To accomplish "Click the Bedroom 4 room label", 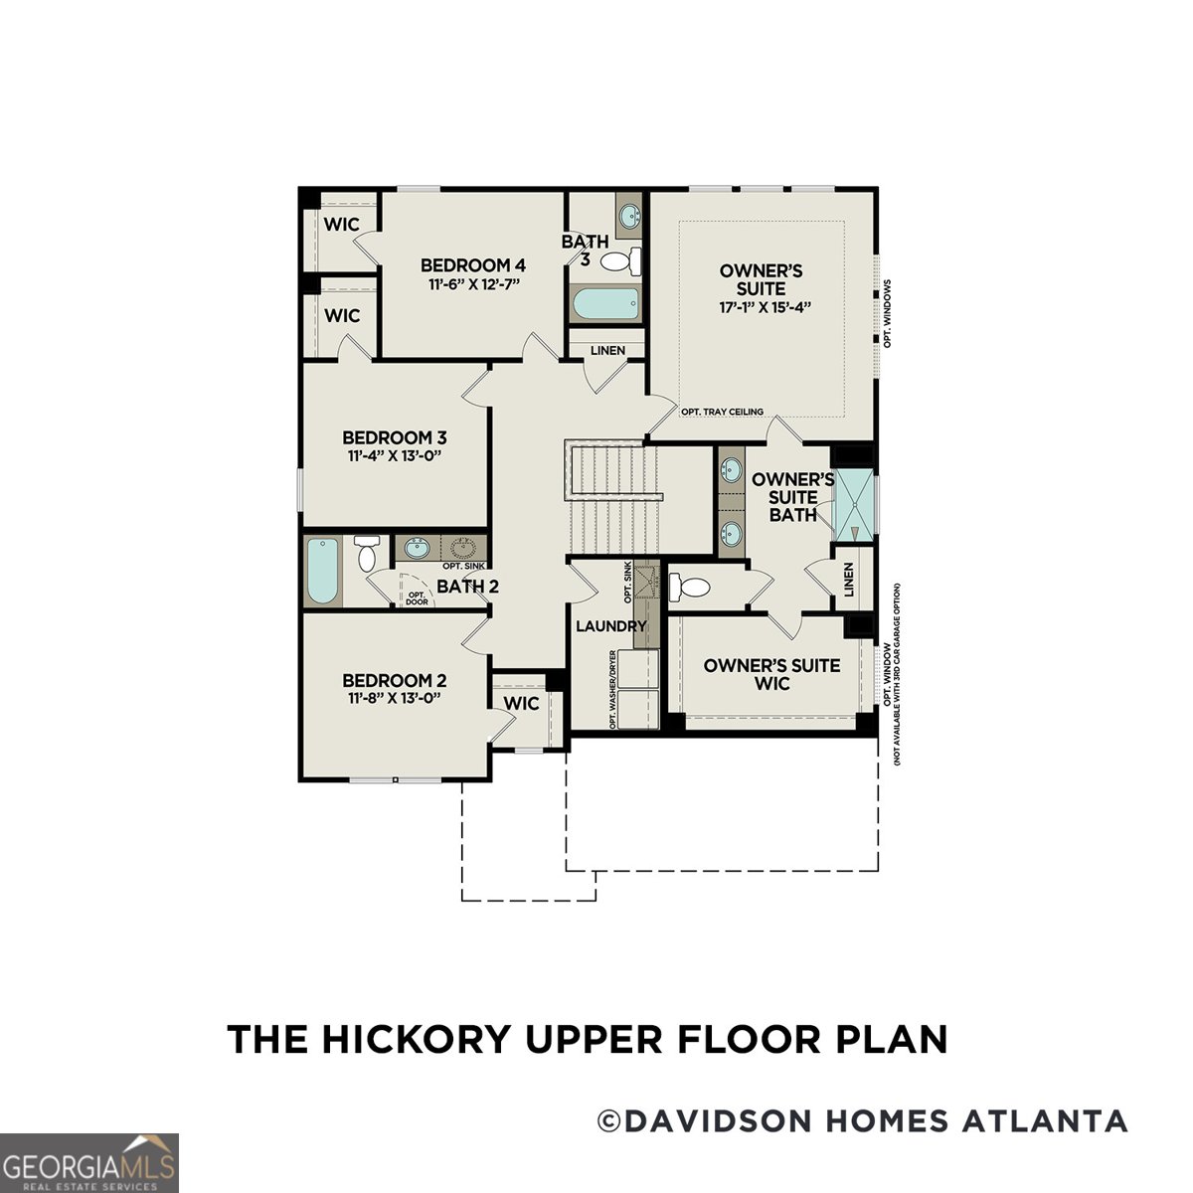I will click(472, 265).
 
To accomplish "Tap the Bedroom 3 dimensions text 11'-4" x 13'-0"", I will click(395, 456).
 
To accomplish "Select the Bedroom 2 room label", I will click(395, 681).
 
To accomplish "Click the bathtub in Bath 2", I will click(322, 572).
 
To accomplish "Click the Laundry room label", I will click(611, 626).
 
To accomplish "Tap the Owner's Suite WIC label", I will click(771, 674).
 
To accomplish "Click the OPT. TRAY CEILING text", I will click(722, 412).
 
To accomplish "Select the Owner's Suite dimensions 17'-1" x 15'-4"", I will click(762, 306).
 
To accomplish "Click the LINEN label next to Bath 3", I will click(607, 351).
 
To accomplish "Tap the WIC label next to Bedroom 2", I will click(521, 704).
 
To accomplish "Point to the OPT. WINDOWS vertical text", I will click(887, 313).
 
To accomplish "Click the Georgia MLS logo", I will click(88, 1162).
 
